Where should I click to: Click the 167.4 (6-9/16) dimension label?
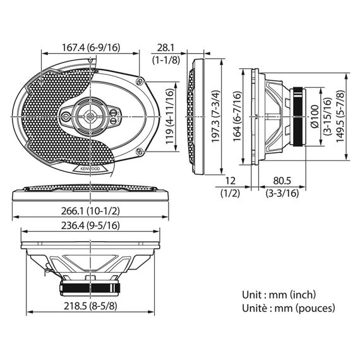point(91,47)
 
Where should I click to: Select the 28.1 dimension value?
point(165,48)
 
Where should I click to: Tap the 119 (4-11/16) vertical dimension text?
point(170,117)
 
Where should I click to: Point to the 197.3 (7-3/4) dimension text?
point(215,116)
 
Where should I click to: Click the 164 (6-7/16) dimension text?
point(237,116)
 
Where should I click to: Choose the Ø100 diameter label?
point(315,116)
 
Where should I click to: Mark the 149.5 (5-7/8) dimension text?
point(340,116)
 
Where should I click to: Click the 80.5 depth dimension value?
point(282,181)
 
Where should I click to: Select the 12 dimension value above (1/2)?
point(231,181)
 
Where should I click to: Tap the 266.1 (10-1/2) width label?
point(90,211)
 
